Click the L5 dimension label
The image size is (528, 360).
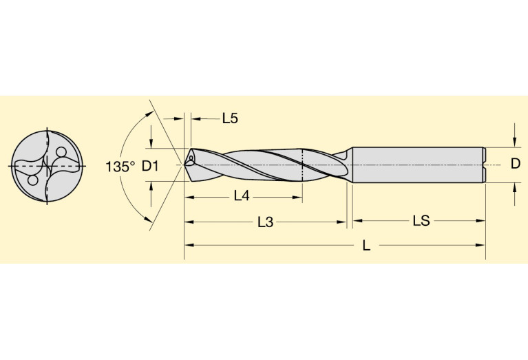[x=230, y=118]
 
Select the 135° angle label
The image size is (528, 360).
[x=120, y=167]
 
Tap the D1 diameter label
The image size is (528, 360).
[x=151, y=166]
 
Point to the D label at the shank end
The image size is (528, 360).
[x=515, y=164]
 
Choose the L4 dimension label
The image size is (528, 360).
[x=241, y=196]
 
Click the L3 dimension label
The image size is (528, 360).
[x=266, y=222]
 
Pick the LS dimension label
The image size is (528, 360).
[x=421, y=221]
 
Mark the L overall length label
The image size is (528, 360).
[x=366, y=246]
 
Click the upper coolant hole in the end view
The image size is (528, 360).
[x=61, y=152]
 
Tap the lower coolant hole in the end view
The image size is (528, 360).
[x=32, y=180]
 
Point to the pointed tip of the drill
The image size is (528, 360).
[x=186, y=165]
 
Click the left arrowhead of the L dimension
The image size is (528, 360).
[x=188, y=246]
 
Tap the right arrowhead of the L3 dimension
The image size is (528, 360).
[x=342, y=222]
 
